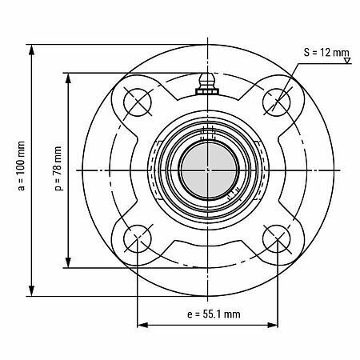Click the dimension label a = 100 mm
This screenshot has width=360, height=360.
[22, 166]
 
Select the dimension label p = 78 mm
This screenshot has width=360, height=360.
[58, 169]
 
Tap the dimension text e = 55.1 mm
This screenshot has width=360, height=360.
[214, 314]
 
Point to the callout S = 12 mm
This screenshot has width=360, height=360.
[326, 52]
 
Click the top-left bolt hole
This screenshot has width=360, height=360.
[138, 102]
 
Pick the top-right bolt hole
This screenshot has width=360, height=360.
[277, 102]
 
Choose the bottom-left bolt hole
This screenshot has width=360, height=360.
[138, 238]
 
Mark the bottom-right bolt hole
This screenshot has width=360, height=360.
[277, 238]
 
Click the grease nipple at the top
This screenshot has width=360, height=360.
[207, 84]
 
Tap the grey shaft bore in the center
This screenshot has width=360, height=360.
[208, 170]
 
